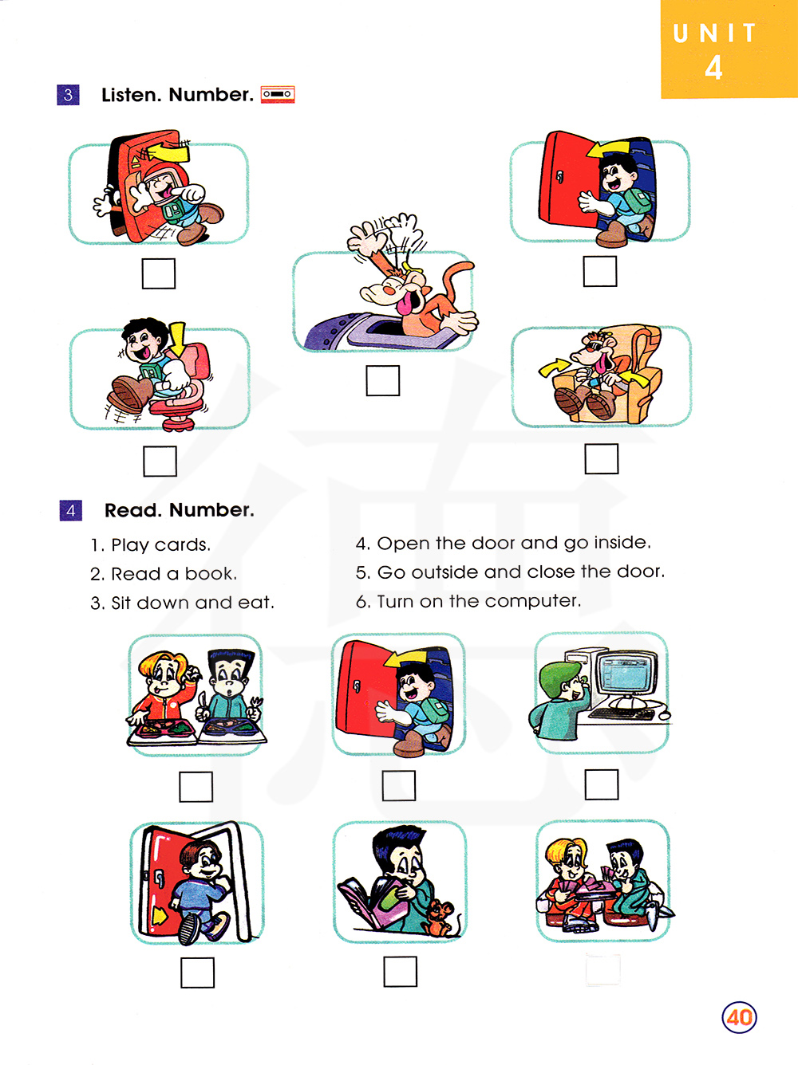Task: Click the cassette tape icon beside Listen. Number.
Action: click(278, 94)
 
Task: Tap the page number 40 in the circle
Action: click(739, 1017)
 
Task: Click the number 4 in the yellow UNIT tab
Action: click(713, 67)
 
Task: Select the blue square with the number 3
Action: click(68, 95)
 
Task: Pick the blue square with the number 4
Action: click(70, 510)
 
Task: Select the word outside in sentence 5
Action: click(445, 572)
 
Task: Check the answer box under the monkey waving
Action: click(383, 381)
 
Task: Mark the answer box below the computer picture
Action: click(601, 784)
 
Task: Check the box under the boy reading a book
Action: click(401, 972)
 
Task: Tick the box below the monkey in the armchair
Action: click(601, 458)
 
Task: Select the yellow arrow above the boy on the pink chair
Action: click(177, 338)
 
